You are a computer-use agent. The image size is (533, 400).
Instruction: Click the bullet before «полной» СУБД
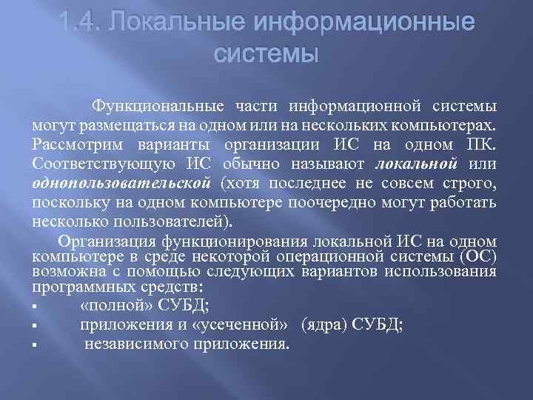(36, 305)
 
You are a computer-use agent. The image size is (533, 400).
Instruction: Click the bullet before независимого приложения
(36, 344)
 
